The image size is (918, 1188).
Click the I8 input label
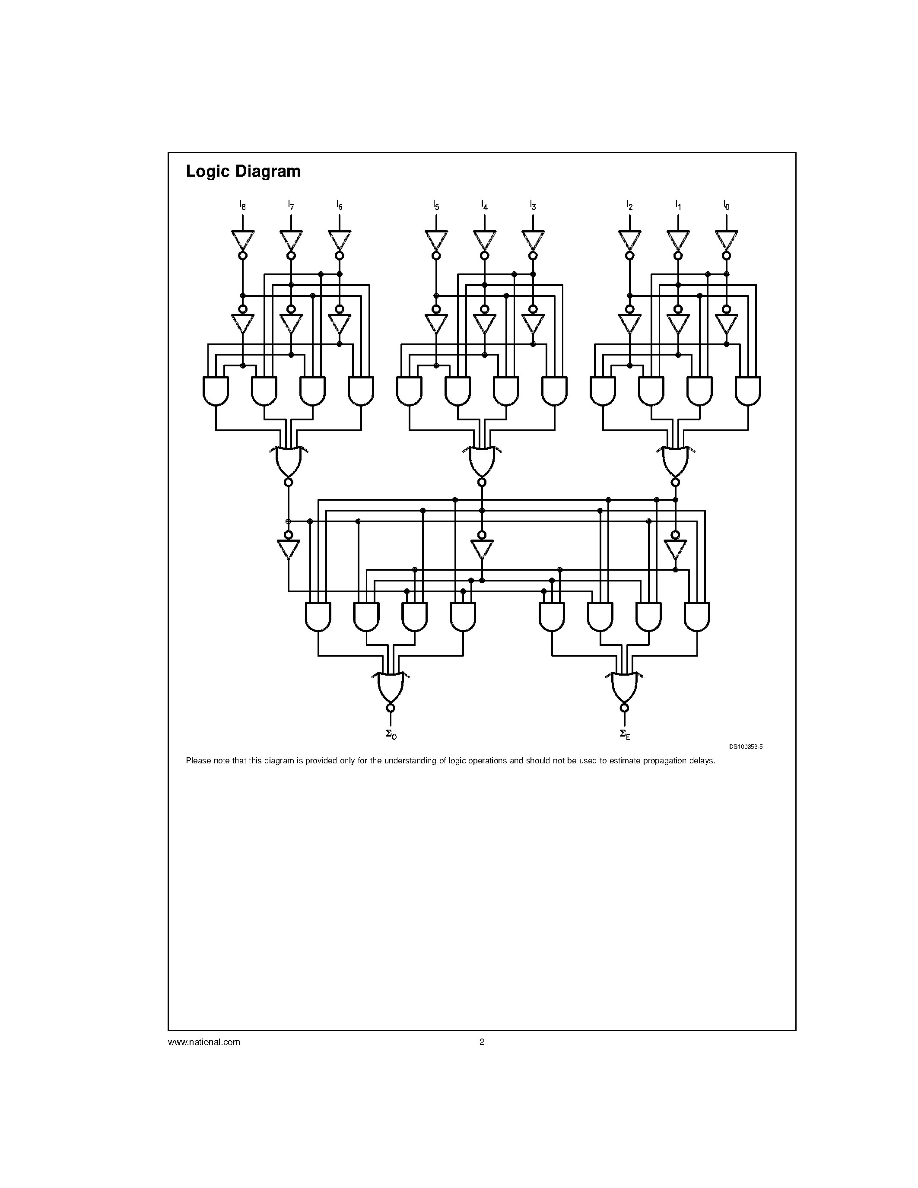[x=242, y=205]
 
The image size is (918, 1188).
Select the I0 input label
[x=727, y=205]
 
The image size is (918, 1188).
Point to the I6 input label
[x=340, y=205]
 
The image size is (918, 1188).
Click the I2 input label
[x=630, y=205]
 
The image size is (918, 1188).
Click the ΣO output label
[x=391, y=734]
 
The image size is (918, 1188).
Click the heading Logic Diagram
[x=243, y=172]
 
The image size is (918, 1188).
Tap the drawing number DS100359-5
[x=746, y=747]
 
